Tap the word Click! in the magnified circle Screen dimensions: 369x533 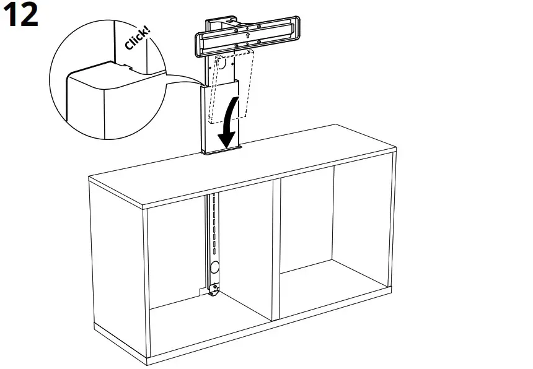click(x=137, y=38)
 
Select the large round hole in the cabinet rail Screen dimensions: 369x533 click(x=215, y=268)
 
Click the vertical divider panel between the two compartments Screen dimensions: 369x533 click(x=276, y=248)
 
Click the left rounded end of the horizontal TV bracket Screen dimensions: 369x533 click(x=199, y=43)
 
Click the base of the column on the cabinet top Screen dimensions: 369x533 click(x=221, y=150)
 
